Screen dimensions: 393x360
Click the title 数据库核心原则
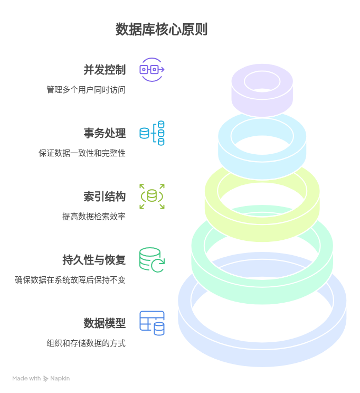tap(162, 29)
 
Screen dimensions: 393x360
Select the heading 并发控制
tap(105, 70)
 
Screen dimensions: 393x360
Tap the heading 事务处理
tap(105, 133)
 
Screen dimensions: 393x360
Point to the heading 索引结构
tap(105, 196)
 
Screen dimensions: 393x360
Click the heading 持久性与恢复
tap(94, 259)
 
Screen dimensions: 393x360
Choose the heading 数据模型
tap(105, 323)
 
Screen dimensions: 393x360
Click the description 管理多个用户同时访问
tap(86, 90)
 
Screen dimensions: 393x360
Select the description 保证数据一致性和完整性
tap(82, 153)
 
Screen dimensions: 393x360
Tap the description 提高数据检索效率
tap(94, 217)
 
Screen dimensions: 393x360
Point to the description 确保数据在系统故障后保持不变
tap(70, 280)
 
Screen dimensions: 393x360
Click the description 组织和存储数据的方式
tap(86, 343)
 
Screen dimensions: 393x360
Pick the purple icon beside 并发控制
tap(152, 70)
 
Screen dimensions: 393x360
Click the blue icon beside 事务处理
tap(152, 133)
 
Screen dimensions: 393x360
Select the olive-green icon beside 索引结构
tap(152, 196)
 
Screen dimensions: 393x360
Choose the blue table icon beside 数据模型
tap(152, 323)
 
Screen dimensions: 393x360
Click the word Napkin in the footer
tap(60, 378)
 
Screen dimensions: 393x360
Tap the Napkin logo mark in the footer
tap(46, 378)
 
